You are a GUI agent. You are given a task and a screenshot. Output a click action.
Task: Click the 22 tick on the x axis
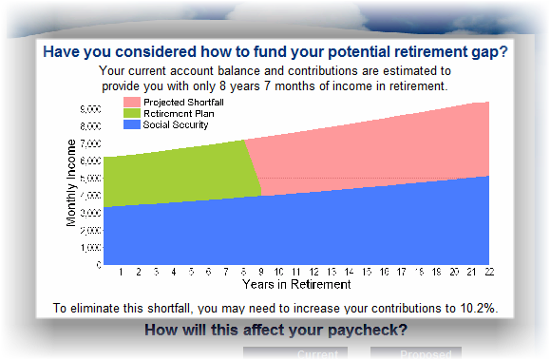tap(488, 272)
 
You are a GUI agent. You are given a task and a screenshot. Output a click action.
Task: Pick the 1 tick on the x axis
tap(121, 272)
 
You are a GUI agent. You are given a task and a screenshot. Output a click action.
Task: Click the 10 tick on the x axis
tap(278, 272)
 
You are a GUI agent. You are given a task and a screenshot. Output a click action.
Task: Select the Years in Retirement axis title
tap(296, 284)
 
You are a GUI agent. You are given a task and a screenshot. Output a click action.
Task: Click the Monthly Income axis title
tap(72, 182)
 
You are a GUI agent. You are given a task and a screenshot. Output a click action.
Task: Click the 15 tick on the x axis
tap(366, 272)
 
